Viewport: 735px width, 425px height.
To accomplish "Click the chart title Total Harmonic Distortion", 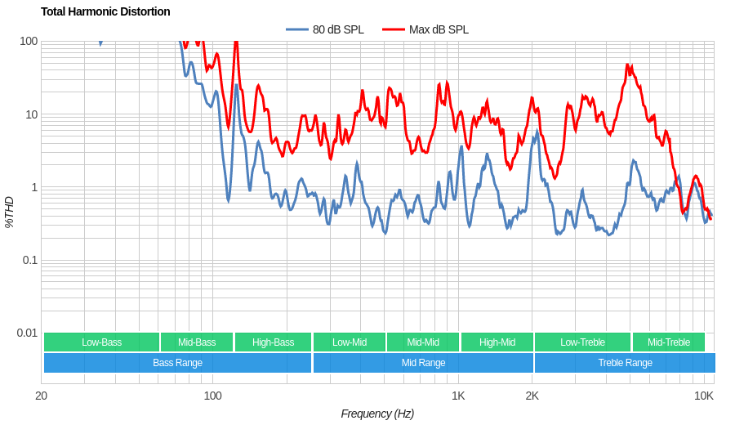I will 105,11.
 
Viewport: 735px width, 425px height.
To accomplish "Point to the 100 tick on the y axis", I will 29,41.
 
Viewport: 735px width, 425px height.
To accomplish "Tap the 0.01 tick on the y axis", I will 27,333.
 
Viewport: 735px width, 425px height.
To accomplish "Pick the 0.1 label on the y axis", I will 29,260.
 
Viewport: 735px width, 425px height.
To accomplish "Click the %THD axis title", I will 9,212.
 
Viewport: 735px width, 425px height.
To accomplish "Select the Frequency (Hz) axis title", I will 377,414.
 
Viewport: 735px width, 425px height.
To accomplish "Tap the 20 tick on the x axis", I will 41,396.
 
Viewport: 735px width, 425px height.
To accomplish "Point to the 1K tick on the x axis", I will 458,396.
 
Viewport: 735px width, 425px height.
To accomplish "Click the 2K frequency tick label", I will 532,396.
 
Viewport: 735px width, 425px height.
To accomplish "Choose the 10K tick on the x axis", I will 703,396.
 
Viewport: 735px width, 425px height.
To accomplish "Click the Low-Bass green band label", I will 101,342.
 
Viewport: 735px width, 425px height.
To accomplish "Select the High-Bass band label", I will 273,342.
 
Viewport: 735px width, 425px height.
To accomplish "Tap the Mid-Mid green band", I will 423,342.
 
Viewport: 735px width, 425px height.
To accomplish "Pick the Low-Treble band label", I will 582,342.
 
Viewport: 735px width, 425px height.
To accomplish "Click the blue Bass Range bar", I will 177,363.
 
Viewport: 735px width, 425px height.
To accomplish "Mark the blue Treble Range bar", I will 625,363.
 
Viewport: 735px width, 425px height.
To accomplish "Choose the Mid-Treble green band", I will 668,342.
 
